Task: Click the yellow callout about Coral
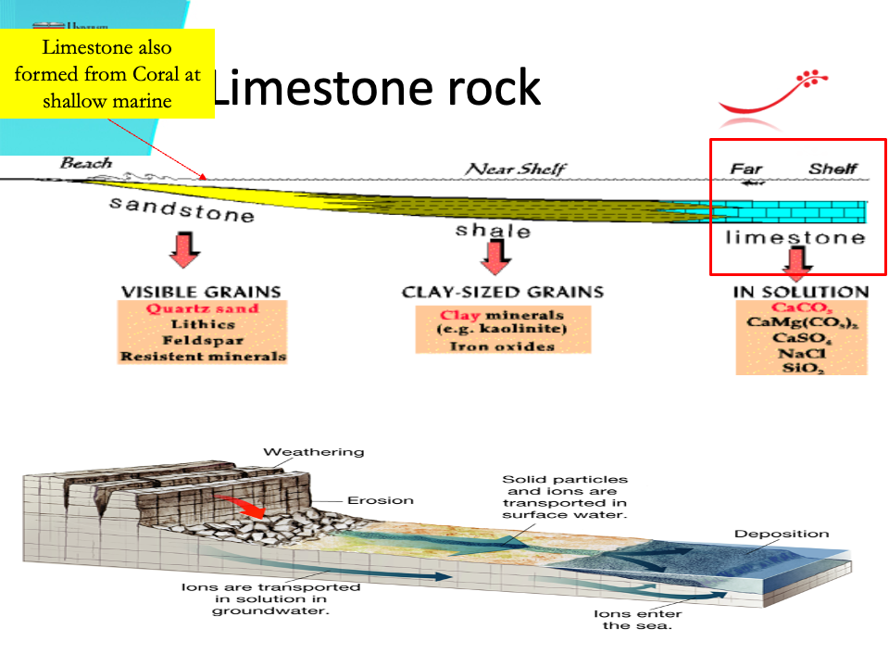(x=107, y=74)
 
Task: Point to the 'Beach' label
(x=86, y=164)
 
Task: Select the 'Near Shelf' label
(x=516, y=169)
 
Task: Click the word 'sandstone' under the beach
(x=182, y=208)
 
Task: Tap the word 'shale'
(x=493, y=230)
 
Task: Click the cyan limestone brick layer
(x=796, y=212)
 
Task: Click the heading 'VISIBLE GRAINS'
(x=202, y=292)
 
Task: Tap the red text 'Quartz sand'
(x=202, y=308)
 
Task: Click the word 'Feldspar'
(x=202, y=340)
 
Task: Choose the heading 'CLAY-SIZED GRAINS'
(x=503, y=292)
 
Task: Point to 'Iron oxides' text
(x=502, y=346)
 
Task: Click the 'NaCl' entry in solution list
(x=801, y=353)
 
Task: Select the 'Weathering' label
(x=314, y=452)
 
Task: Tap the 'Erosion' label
(x=380, y=500)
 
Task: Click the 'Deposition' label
(x=782, y=534)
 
